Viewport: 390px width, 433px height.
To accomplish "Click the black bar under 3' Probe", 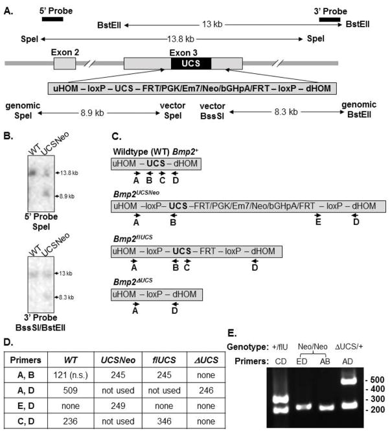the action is click(329, 20).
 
